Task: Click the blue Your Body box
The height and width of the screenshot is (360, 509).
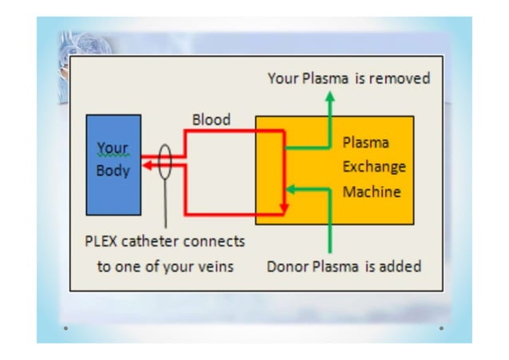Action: point(114,164)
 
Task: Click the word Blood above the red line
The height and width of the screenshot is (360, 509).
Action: point(211,120)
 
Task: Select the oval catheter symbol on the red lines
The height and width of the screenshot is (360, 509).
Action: point(165,163)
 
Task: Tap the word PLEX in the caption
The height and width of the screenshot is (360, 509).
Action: point(105,240)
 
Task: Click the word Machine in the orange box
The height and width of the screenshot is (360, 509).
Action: point(372,192)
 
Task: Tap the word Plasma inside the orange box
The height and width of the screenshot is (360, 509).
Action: point(365,144)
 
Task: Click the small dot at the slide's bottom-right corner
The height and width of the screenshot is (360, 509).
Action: point(440,327)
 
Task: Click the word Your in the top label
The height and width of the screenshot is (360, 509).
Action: point(283,78)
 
